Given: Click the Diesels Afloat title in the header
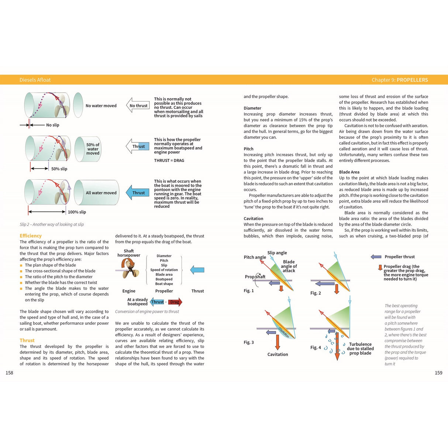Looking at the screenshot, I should click(x=35, y=80).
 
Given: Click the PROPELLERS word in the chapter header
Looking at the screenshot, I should click(x=412, y=80).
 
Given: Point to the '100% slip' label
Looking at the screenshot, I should click(x=77, y=212).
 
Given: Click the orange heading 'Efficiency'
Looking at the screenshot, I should click(x=31, y=236).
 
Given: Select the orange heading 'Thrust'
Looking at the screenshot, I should click(x=27, y=340).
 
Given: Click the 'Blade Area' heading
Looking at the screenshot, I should click(x=349, y=172).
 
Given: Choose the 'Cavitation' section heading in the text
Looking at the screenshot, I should click(x=253, y=218).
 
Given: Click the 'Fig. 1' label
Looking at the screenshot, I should click(x=248, y=291).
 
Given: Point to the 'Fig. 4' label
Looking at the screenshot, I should click(x=315, y=348).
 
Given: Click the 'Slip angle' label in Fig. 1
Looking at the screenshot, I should click(x=277, y=253).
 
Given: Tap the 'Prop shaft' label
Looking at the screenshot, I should click(x=255, y=277).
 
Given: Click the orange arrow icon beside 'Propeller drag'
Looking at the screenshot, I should click(x=380, y=268).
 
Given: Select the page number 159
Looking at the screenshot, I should click(x=438, y=373).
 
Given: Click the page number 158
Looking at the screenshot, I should click(x=9, y=373).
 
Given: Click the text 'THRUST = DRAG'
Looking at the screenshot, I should click(x=169, y=161).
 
